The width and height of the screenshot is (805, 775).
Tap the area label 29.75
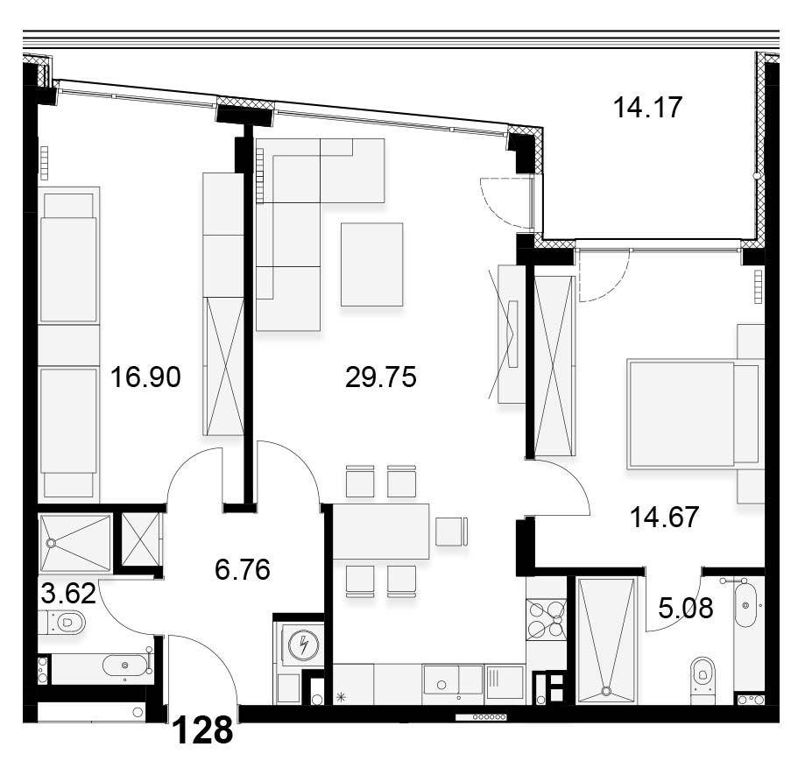(x=380, y=377)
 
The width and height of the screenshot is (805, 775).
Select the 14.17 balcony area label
(x=648, y=107)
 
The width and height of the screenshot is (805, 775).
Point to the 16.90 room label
(x=145, y=377)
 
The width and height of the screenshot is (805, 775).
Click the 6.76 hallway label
(x=243, y=570)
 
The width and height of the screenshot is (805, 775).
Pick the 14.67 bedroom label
(x=664, y=517)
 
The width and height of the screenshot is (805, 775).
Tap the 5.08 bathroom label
(x=685, y=609)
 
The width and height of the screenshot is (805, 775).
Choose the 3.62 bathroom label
(x=68, y=594)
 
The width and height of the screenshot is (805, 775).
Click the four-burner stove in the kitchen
(x=547, y=619)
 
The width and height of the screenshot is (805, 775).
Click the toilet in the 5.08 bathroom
(x=702, y=674)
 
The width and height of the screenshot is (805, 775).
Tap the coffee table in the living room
(x=371, y=264)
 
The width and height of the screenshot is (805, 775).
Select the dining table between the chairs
(x=381, y=532)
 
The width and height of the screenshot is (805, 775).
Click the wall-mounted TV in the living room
(x=512, y=334)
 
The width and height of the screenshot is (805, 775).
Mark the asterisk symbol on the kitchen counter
(x=342, y=697)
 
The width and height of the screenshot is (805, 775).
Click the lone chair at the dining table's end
(x=452, y=532)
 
